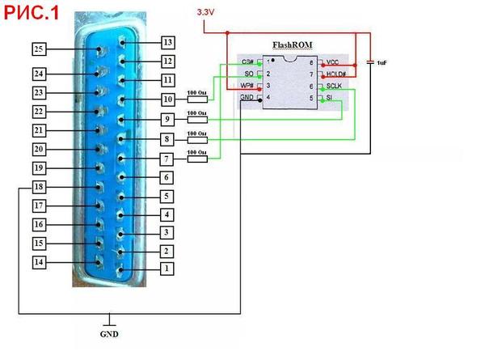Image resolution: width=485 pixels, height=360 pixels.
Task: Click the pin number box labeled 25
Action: tap(38, 49)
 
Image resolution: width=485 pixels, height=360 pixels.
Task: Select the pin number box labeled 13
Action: tap(168, 42)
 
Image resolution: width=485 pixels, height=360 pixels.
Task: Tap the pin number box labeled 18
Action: tap(38, 187)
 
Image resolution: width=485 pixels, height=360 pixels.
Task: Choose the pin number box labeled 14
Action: tap(38, 262)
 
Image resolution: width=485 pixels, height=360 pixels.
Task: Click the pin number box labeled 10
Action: tap(168, 100)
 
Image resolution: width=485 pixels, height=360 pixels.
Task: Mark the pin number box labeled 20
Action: tap(38, 149)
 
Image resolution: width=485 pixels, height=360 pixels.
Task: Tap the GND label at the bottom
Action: tap(108, 332)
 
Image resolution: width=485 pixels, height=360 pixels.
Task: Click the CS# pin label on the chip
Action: tap(248, 61)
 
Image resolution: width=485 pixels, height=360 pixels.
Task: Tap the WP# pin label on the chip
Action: tap(248, 86)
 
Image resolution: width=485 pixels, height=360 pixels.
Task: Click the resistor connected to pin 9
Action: tap(197, 120)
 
